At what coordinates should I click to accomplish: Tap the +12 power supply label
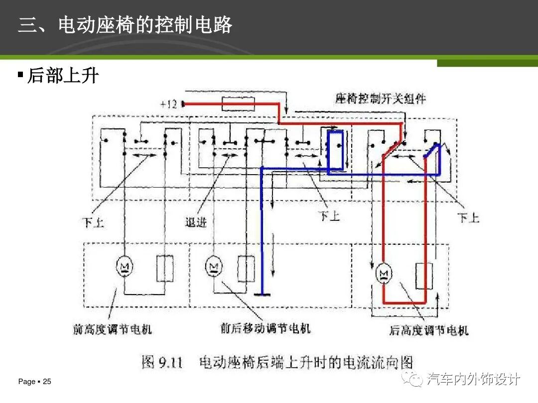169,104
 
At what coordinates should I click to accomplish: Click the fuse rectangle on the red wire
238,104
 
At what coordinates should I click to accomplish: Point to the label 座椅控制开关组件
381,98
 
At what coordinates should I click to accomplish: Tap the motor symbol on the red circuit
384,273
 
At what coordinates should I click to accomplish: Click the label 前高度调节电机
112,329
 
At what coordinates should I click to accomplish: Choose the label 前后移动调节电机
266,328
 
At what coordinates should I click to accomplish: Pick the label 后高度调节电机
428,330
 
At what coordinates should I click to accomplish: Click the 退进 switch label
196,222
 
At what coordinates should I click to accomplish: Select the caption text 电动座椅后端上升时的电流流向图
306,362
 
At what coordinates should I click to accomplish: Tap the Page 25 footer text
35,382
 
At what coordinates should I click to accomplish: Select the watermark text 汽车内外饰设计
474,380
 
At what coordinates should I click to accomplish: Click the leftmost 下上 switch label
93,222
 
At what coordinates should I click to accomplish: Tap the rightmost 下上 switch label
469,217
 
